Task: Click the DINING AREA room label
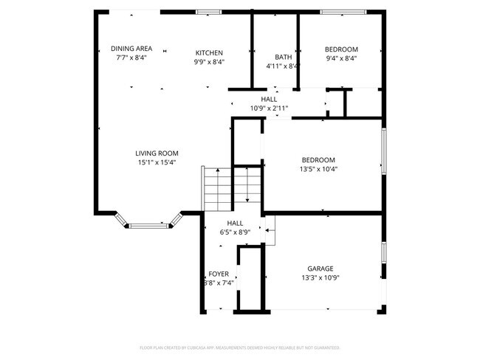(131, 49)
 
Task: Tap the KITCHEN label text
(209, 52)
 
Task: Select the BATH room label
(283, 57)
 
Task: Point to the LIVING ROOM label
(157, 153)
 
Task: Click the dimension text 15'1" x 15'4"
(157, 162)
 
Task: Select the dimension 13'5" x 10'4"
(318, 168)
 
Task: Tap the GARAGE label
(320, 269)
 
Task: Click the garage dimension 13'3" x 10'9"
(320, 277)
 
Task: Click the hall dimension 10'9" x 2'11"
(269, 108)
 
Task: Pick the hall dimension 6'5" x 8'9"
(235, 232)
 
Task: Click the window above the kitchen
(209, 12)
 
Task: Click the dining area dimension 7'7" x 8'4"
(131, 58)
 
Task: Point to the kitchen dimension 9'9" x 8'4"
(209, 62)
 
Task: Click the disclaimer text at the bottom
(239, 347)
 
